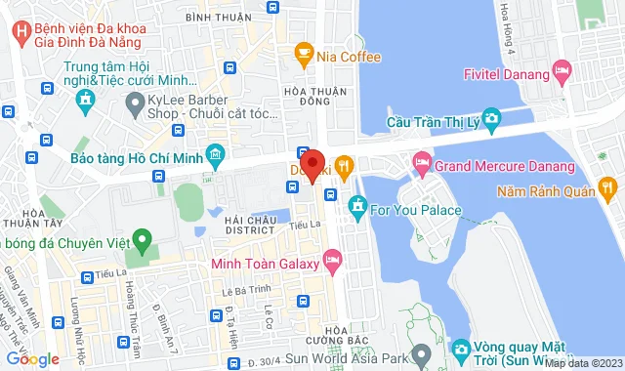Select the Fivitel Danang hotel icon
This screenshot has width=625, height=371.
tap(561, 70)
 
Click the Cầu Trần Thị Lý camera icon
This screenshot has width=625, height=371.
tap(491, 119)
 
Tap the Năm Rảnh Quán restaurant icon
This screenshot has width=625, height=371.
tap(606, 185)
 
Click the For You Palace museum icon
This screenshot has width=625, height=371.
tap(357, 206)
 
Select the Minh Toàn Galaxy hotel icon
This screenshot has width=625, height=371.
tap(331, 259)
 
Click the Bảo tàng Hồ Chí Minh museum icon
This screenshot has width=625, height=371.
tap(216, 153)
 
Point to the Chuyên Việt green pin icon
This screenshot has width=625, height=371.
tap(143, 238)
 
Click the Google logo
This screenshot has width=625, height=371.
tap(32, 359)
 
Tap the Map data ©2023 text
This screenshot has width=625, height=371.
tap(583, 363)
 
